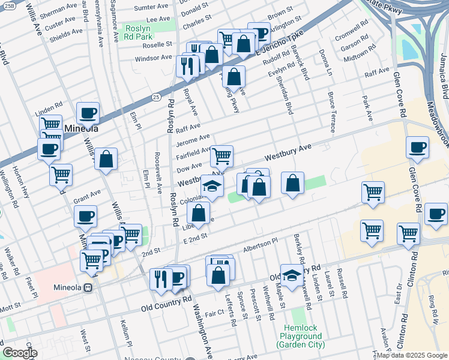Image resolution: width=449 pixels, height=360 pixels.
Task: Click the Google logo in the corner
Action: pyautogui.click(x=19, y=353)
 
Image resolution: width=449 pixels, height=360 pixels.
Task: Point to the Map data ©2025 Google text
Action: pyautogui.click(x=411, y=355)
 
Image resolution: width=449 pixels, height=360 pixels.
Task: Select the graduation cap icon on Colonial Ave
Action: pyautogui.click(x=212, y=186)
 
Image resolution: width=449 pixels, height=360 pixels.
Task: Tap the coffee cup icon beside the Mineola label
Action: pyautogui.click(x=88, y=113)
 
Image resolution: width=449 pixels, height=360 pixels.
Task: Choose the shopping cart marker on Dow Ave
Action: pyautogui.click(x=221, y=157)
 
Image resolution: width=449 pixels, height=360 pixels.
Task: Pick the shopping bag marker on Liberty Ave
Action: pyautogui.click(x=198, y=212)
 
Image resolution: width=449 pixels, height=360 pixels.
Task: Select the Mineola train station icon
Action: pyautogui.click(x=88, y=287)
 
